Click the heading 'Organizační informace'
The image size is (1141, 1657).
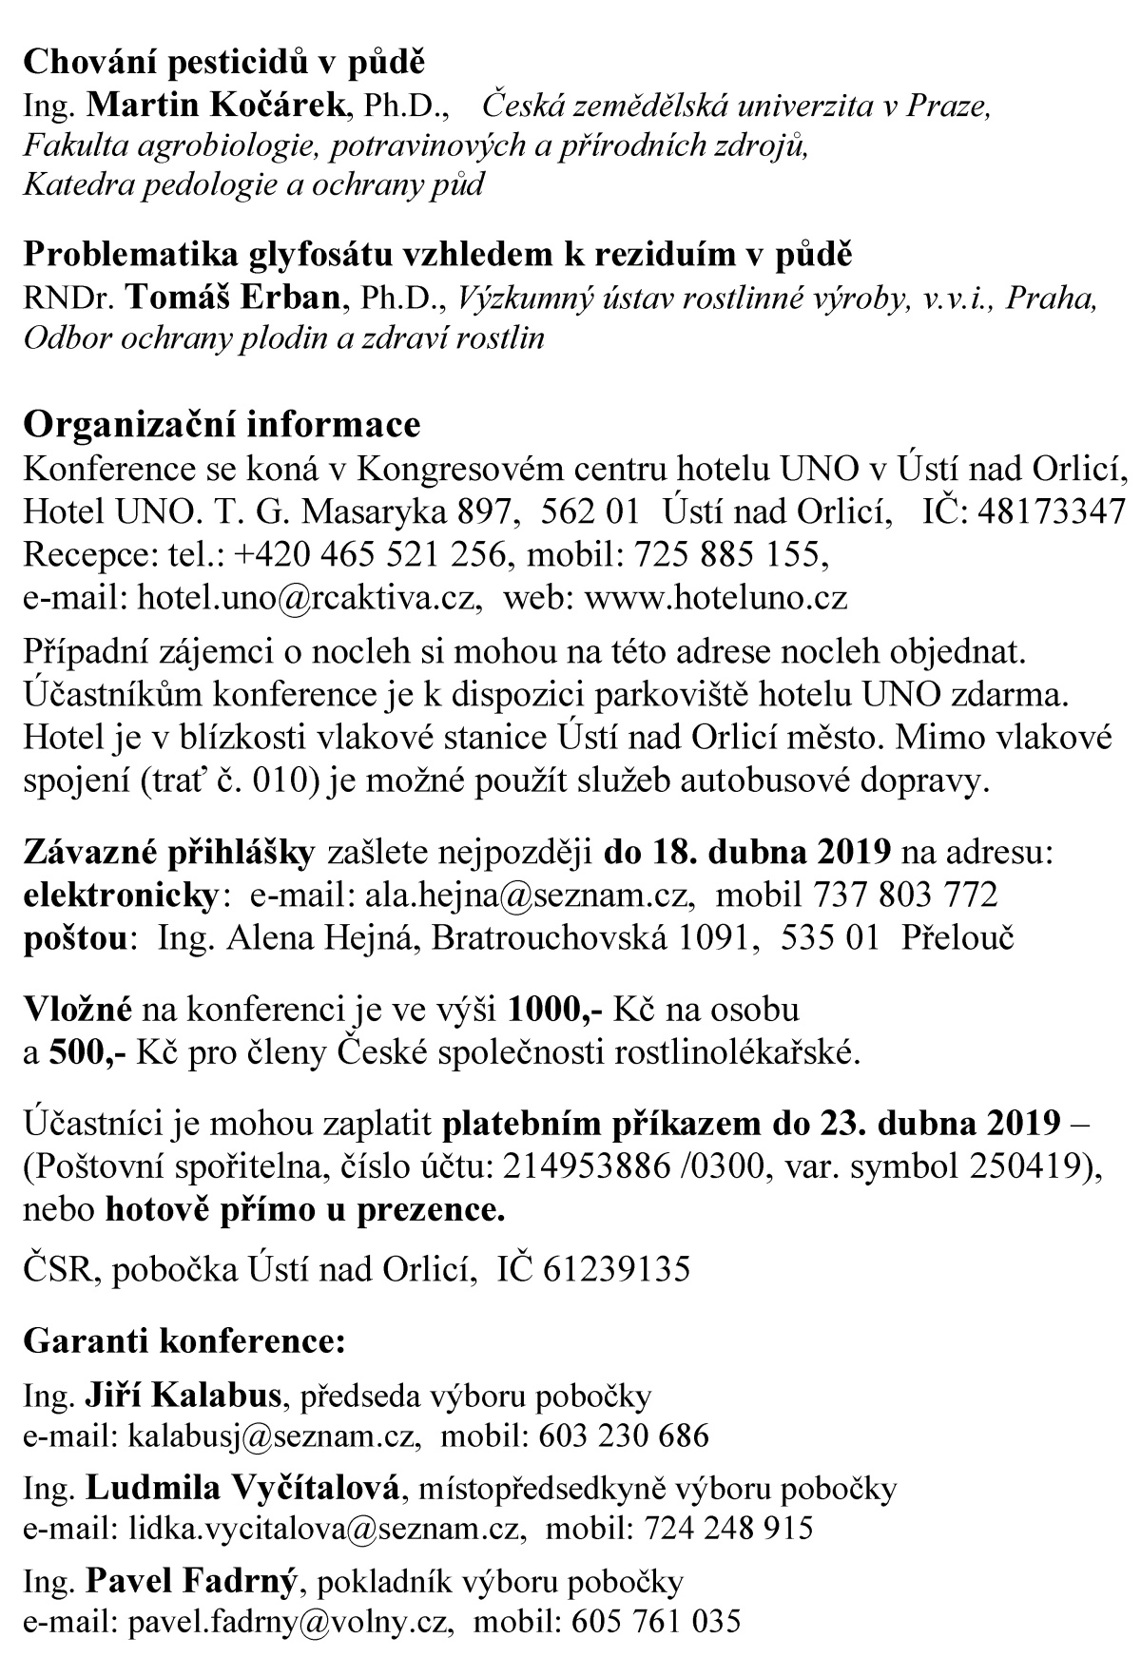pos(221,424)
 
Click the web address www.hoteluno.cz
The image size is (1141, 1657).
pos(715,597)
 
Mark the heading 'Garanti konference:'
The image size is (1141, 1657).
pos(184,1340)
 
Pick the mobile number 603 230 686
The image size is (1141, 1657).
pos(624,1435)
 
